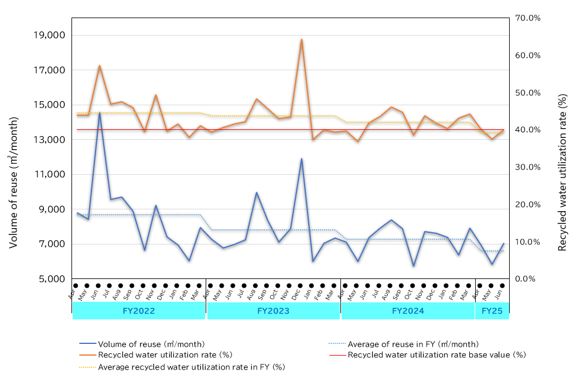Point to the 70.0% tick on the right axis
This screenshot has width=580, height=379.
527,18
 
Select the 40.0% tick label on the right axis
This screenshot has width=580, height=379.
527,130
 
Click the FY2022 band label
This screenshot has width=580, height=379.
139,311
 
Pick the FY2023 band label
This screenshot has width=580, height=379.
273,311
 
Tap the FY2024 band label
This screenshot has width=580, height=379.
408,311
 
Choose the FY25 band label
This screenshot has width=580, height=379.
492,311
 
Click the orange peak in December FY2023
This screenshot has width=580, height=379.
302,39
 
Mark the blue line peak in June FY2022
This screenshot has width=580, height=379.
100,112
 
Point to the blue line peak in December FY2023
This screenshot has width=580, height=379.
302,159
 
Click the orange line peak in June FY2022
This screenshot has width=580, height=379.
100,66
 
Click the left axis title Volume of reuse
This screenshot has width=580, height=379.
13,181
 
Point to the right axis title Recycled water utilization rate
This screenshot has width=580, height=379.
562,172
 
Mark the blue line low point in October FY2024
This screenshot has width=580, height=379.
414,266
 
